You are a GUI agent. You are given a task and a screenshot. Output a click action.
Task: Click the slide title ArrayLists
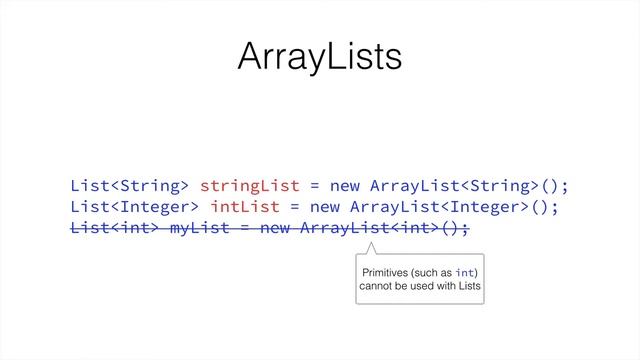[320, 57]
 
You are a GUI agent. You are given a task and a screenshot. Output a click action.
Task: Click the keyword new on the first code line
[345, 186]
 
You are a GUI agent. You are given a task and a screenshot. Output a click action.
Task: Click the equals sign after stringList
[314, 186]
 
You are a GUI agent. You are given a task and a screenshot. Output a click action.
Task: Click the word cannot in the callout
[377, 288]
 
